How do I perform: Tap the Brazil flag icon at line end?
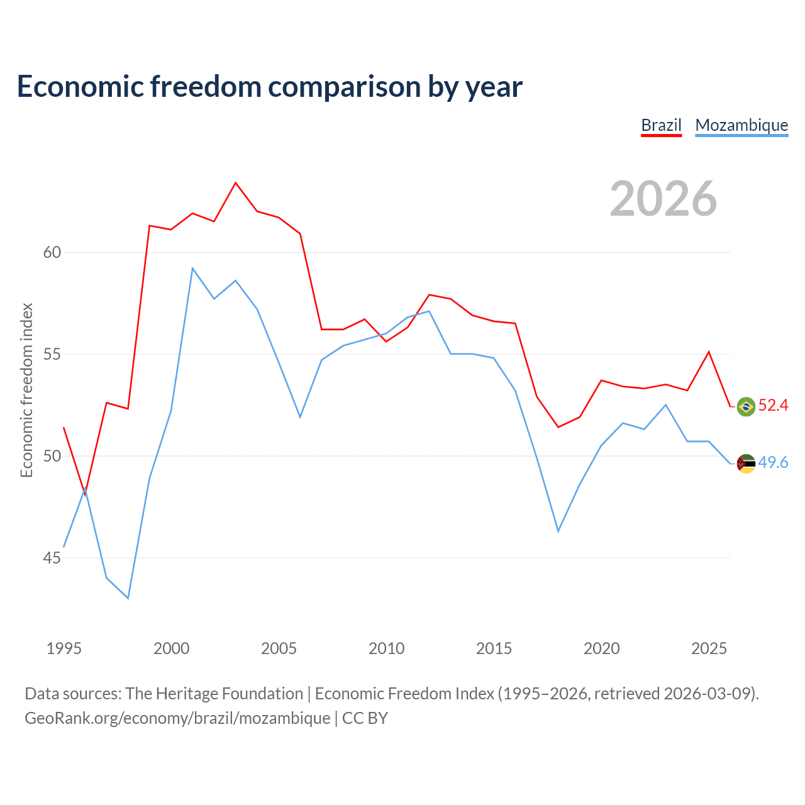(x=746, y=406)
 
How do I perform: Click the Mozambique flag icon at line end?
(x=746, y=464)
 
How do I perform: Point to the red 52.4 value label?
(x=774, y=405)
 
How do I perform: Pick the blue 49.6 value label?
(x=774, y=462)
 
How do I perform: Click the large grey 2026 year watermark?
(x=663, y=199)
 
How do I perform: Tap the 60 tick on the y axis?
(x=52, y=252)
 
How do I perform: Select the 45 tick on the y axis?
(x=52, y=558)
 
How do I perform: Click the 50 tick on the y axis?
(x=52, y=456)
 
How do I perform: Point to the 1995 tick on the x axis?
(x=64, y=648)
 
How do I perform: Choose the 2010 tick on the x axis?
(x=386, y=648)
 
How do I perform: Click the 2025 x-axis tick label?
(x=709, y=648)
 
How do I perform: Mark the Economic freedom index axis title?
(x=27, y=390)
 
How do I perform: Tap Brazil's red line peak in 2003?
(x=236, y=182)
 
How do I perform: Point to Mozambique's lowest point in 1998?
(x=128, y=598)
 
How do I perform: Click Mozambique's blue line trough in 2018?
(x=558, y=531)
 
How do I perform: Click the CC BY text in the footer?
(x=365, y=719)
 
